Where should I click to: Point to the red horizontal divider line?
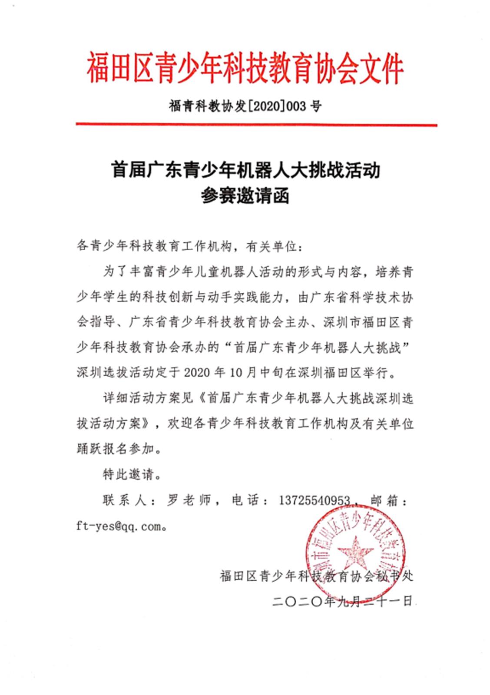(x=256, y=125)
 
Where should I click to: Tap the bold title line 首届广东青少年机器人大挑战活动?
(x=246, y=170)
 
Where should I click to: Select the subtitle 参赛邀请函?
(x=245, y=196)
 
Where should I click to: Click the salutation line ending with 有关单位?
(x=191, y=247)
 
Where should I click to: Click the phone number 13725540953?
(x=314, y=500)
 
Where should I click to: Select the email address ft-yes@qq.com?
(x=118, y=526)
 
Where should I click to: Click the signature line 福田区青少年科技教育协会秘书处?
(x=317, y=576)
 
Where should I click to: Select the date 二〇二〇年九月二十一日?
(x=342, y=602)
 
